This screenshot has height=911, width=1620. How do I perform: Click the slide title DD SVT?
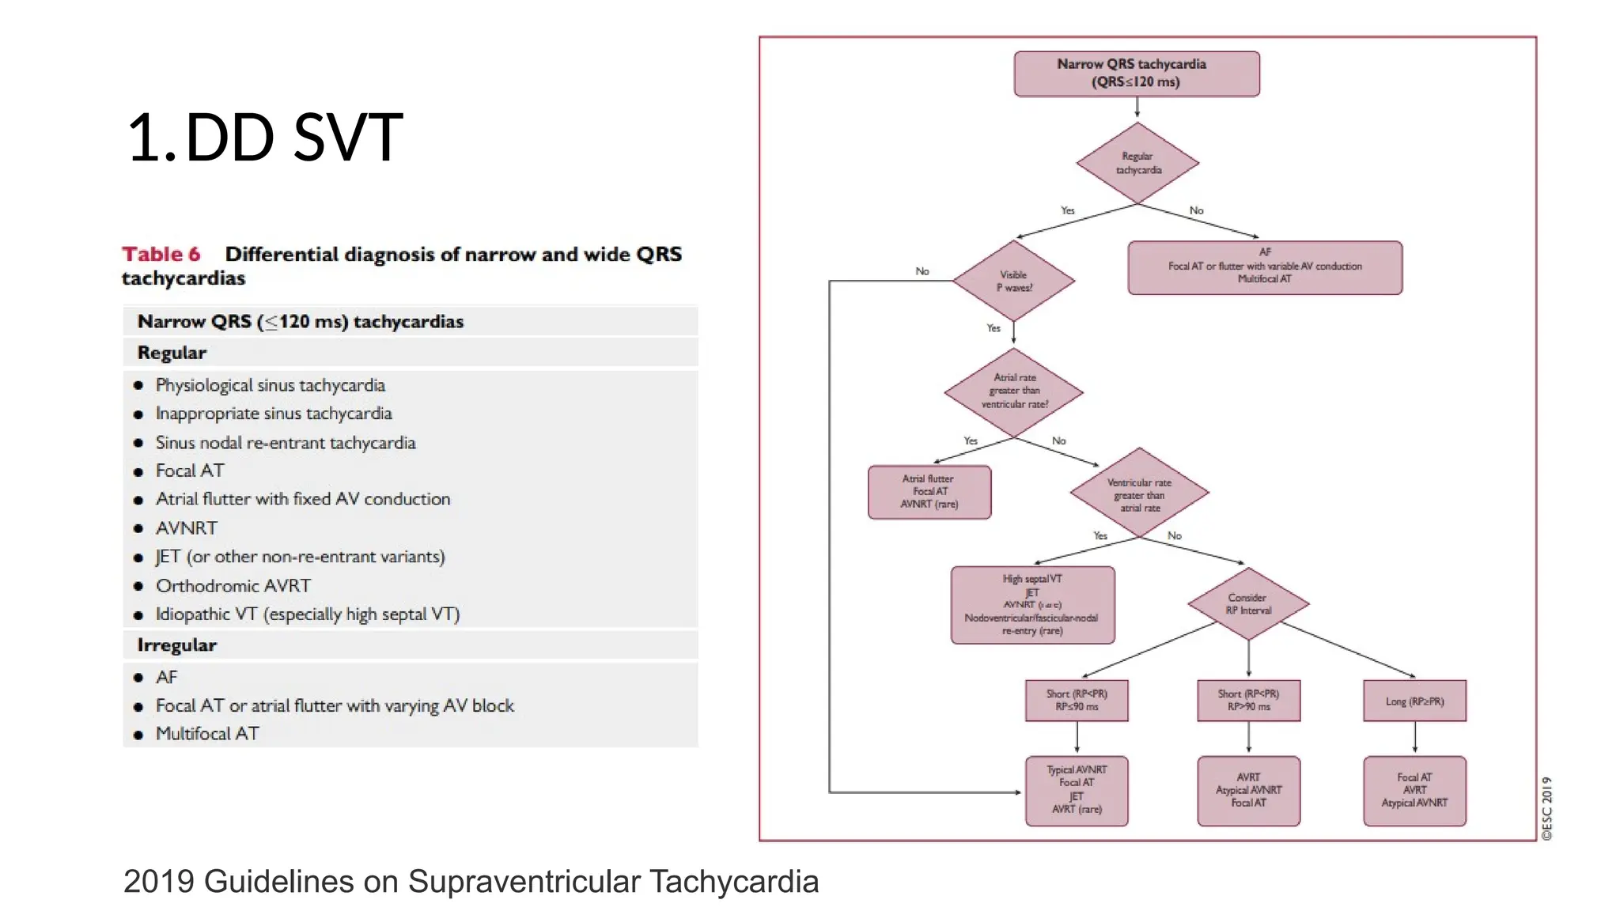tap(265, 138)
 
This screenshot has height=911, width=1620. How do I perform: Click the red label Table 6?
tap(161, 255)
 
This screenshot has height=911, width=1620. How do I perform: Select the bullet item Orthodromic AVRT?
tap(233, 586)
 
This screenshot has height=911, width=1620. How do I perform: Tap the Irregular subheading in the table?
tap(176, 645)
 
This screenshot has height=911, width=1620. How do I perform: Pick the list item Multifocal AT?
tap(207, 734)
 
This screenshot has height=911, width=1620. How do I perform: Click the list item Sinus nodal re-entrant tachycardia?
tap(286, 443)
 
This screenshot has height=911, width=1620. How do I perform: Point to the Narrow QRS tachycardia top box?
tap(1137, 74)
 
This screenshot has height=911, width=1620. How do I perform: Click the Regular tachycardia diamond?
tap(1137, 163)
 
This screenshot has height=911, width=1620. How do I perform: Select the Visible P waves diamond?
tap(1014, 281)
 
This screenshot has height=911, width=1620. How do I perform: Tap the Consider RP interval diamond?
tap(1248, 603)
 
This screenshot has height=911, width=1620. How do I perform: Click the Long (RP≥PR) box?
tap(1414, 701)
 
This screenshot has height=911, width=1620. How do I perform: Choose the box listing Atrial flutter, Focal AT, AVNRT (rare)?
tap(929, 491)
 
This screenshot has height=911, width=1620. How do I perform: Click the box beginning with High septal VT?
tap(1032, 605)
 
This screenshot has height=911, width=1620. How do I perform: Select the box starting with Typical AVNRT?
tap(1077, 790)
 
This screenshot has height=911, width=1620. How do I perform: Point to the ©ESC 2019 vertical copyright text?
tap(1546, 807)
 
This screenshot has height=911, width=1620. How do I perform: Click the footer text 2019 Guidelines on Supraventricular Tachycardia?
tap(471, 882)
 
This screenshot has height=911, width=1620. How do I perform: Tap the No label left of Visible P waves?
tap(922, 271)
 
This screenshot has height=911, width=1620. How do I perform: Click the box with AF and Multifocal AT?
tap(1264, 266)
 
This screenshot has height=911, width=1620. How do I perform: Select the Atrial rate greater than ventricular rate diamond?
tap(1014, 391)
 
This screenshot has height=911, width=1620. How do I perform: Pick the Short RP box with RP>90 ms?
tap(1248, 700)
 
